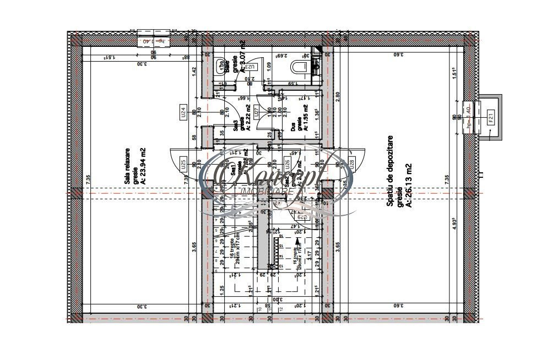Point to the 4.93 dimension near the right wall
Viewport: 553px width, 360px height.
click(x=455, y=227)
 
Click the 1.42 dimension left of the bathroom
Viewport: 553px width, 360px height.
click(x=194, y=70)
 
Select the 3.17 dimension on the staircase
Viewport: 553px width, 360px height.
click(x=310, y=255)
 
